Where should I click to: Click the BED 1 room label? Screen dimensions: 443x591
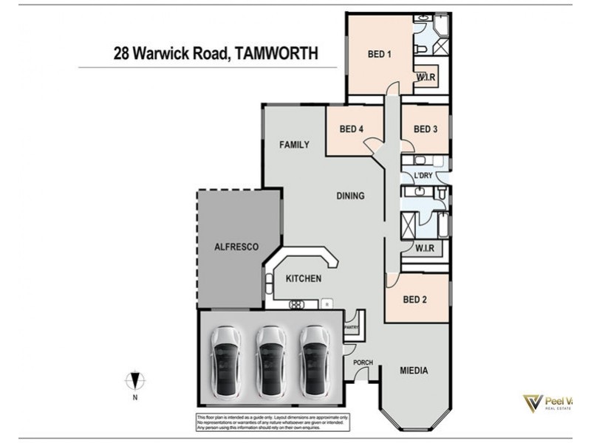379,53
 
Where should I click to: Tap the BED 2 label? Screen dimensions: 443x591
414,300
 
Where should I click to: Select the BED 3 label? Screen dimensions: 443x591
426,129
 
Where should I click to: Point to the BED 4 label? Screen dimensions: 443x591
352,129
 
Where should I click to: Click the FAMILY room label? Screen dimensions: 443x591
293,145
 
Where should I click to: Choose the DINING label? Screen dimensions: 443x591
350,196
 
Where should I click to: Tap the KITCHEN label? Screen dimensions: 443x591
304,278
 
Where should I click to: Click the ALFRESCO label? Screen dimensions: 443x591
236,247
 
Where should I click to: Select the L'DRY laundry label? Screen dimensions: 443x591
423,175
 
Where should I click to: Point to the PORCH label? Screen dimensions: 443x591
363,363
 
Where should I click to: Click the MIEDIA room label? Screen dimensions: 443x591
414,371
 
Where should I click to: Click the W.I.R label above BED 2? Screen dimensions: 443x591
423,248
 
